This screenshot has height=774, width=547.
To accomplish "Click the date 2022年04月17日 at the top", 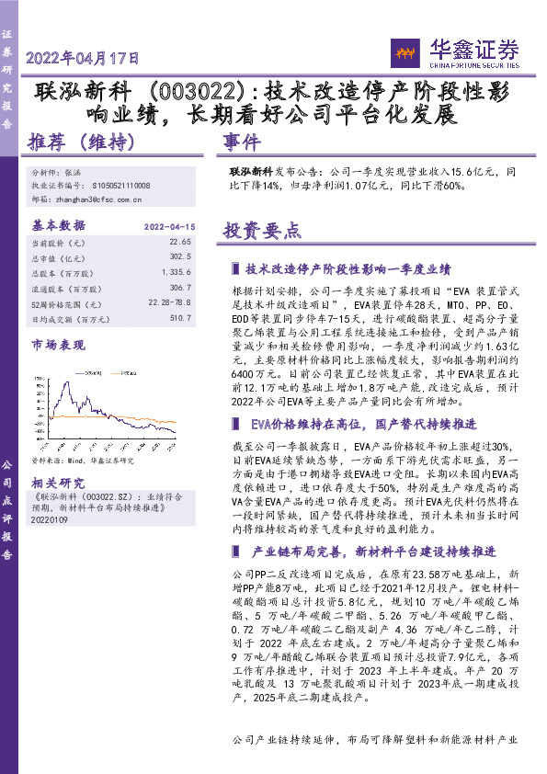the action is click(84, 58).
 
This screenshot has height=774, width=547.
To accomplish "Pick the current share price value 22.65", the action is click(180, 242).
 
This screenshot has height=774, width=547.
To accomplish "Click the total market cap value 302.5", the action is click(180, 257).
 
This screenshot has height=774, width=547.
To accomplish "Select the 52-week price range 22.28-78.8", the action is click(169, 303).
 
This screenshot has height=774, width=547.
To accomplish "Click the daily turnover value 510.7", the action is click(180, 318).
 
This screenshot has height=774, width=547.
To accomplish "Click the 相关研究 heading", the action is click(59, 483).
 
